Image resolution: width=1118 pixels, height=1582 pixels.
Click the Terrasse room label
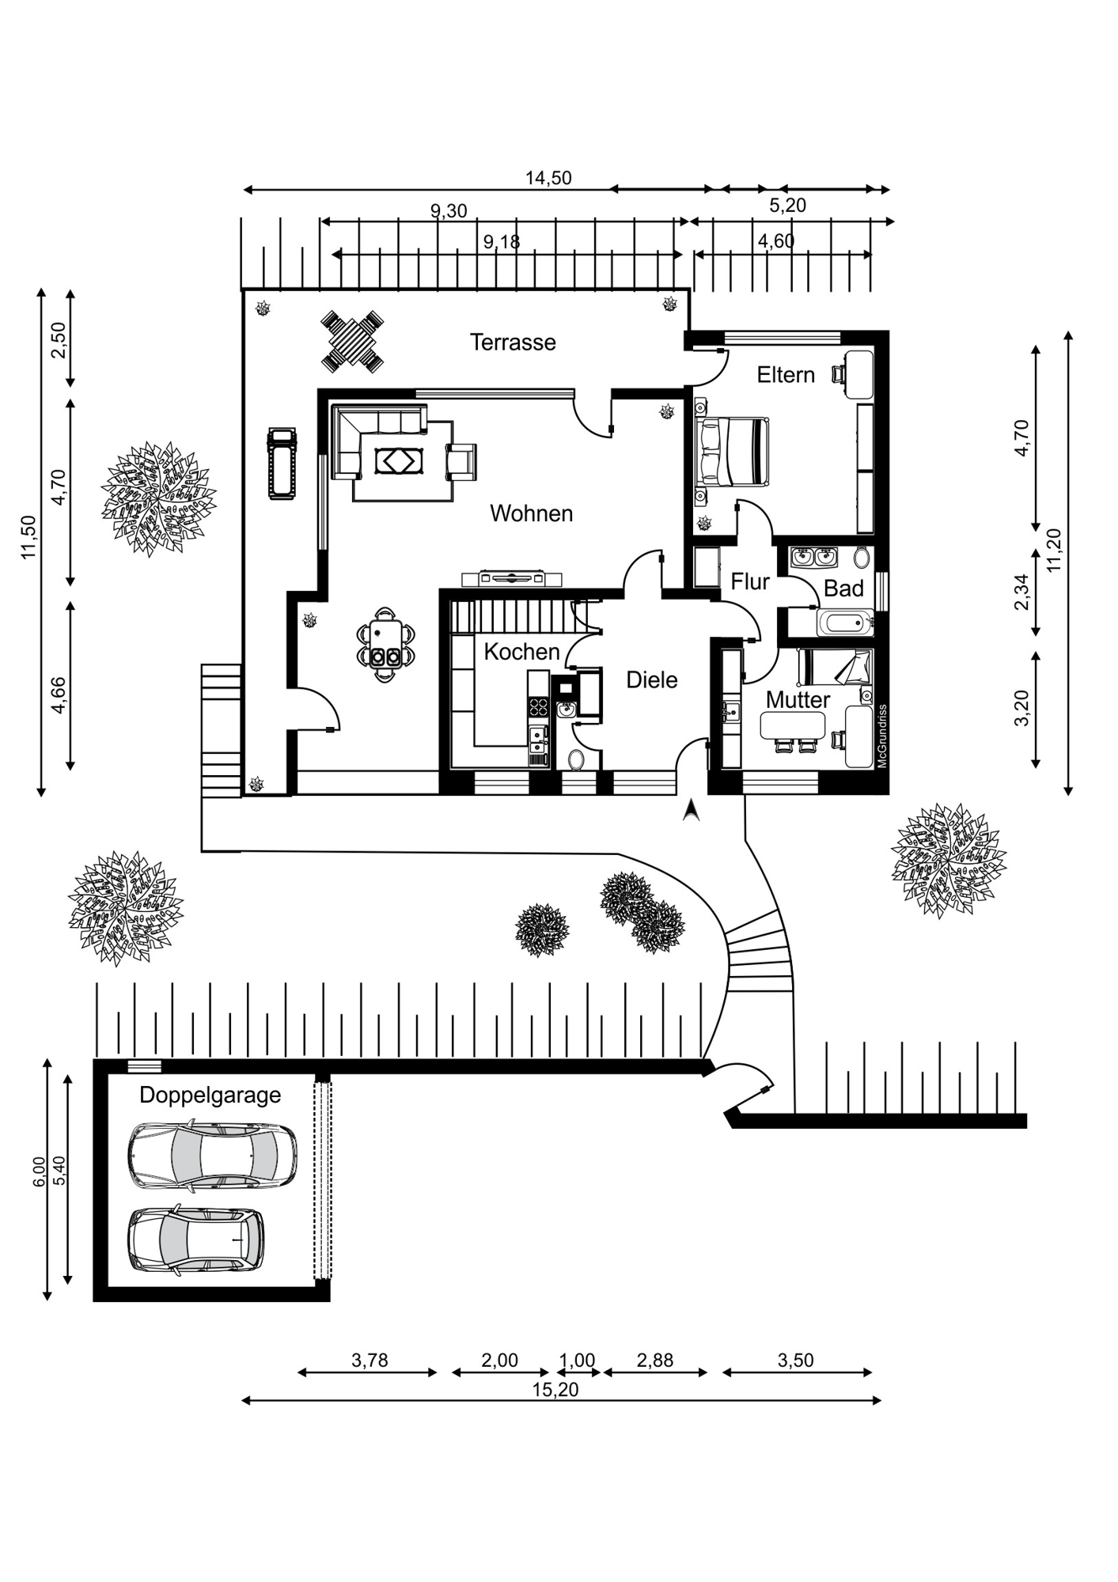click(x=513, y=343)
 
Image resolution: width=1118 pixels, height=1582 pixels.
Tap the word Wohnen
click(x=531, y=513)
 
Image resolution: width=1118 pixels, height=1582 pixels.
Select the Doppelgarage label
click(x=210, y=1095)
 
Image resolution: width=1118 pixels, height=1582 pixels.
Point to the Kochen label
click(x=521, y=652)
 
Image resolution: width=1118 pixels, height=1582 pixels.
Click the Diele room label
click(x=652, y=679)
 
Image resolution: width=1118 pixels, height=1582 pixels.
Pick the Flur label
click(x=750, y=582)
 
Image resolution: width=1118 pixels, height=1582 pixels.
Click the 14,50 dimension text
click(x=548, y=178)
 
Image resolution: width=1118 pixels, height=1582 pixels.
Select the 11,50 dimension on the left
click(x=29, y=537)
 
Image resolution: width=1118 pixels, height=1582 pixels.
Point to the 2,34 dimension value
click(x=1021, y=592)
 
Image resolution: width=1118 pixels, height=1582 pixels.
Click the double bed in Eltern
click(x=733, y=452)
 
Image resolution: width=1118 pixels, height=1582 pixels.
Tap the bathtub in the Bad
click(x=846, y=623)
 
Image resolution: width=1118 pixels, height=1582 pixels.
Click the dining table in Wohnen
click(x=385, y=643)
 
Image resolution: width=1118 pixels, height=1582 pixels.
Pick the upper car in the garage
click(x=212, y=1155)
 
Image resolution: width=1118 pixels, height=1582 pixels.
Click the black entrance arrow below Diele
click(x=691, y=810)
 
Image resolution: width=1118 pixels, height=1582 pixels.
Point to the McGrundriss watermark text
click(x=882, y=736)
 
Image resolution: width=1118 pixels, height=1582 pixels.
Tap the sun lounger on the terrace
click(x=282, y=464)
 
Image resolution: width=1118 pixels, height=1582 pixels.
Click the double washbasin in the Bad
click(x=814, y=557)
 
